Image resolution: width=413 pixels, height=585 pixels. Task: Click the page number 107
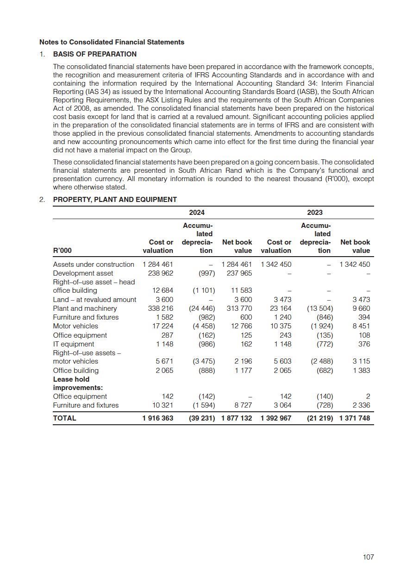(x=368, y=557)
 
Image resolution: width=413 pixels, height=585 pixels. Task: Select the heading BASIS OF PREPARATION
(x=94, y=54)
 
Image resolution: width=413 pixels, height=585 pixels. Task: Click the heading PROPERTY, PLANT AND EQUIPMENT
(x=115, y=200)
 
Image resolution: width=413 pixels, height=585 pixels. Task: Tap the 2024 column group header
(x=197, y=213)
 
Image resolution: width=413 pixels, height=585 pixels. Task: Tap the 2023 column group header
(x=315, y=213)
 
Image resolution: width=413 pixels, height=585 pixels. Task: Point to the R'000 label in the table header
(x=63, y=251)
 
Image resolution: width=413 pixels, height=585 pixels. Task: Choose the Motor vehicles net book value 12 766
(x=240, y=326)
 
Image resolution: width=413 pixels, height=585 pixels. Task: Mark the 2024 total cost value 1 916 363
(x=158, y=418)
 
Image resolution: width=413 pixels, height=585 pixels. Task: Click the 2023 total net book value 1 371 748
(x=355, y=418)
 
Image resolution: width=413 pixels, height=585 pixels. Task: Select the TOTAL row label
(x=64, y=418)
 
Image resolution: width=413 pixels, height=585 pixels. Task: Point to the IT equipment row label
(x=73, y=344)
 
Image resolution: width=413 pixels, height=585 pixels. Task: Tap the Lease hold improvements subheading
(x=78, y=384)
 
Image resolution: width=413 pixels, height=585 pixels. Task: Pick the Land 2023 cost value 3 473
(x=282, y=300)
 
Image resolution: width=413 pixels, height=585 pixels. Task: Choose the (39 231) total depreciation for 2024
(x=202, y=418)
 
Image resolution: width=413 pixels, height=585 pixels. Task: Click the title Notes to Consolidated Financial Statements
(x=112, y=42)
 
